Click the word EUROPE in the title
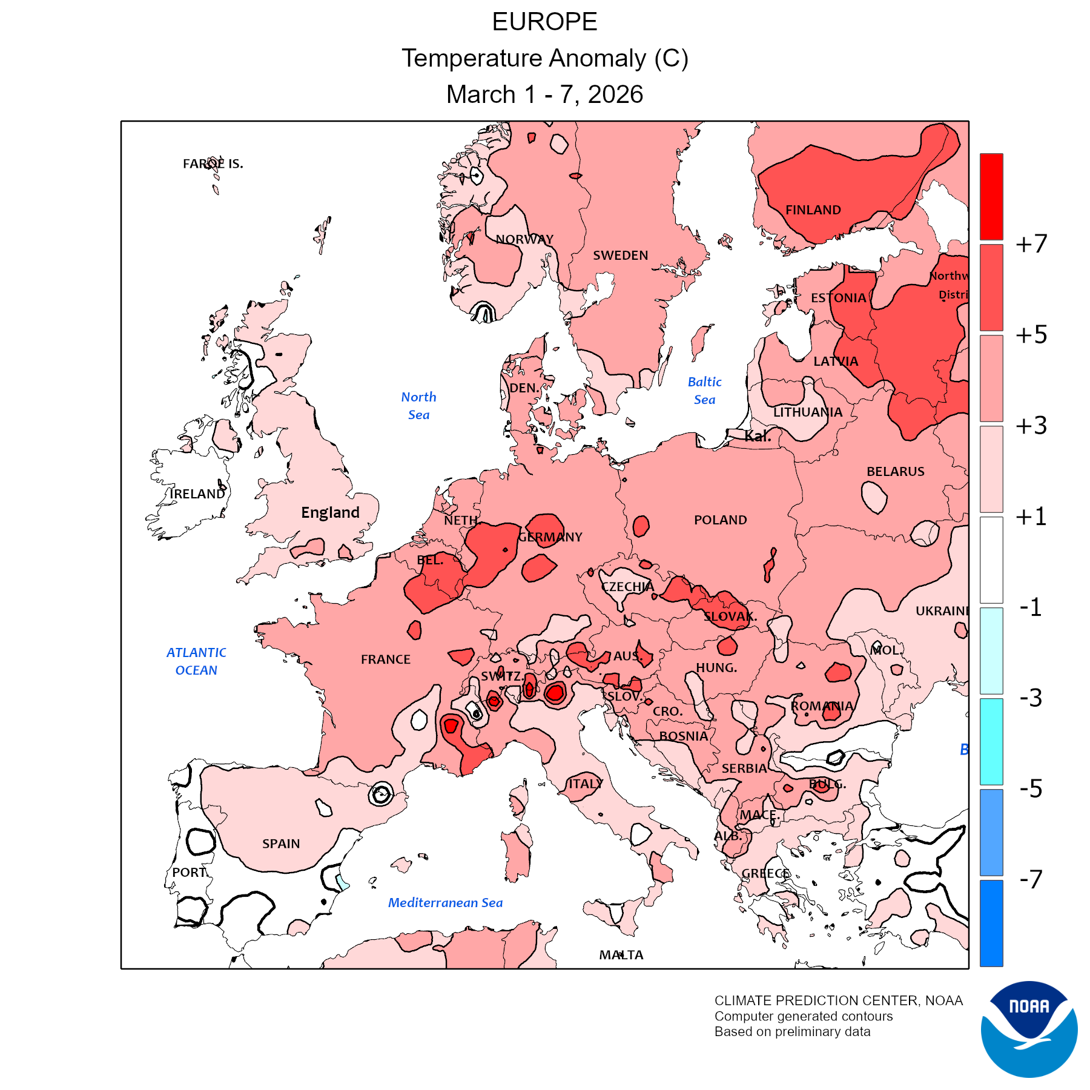click(x=544, y=22)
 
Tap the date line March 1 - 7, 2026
click(x=544, y=94)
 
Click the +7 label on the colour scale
click(x=1031, y=244)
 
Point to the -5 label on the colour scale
click(x=1031, y=788)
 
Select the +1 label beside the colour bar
click(x=1031, y=517)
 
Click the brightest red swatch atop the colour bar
click(x=991, y=196)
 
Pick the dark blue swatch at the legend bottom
click(x=991, y=923)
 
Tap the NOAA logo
click(x=1029, y=1029)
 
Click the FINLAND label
click(x=813, y=210)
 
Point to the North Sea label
click(x=418, y=406)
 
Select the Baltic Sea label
click(x=705, y=391)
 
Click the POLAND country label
click(x=720, y=520)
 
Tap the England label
click(x=330, y=513)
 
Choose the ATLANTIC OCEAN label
click(x=196, y=661)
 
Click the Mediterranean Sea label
click(x=445, y=903)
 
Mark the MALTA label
click(x=621, y=955)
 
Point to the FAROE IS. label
click(x=213, y=164)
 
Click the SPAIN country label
click(x=281, y=844)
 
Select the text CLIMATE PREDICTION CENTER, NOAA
click(x=838, y=1000)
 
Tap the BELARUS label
click(x=895, y=472)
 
